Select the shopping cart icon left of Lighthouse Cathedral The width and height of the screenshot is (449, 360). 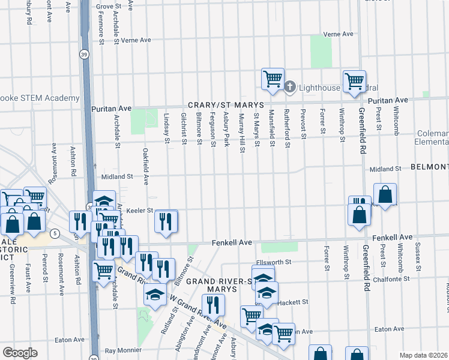273,78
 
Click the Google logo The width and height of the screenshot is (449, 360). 20,353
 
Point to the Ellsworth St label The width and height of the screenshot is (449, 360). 273,262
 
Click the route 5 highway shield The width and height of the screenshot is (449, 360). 55,232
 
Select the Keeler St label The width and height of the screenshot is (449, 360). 142,211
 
